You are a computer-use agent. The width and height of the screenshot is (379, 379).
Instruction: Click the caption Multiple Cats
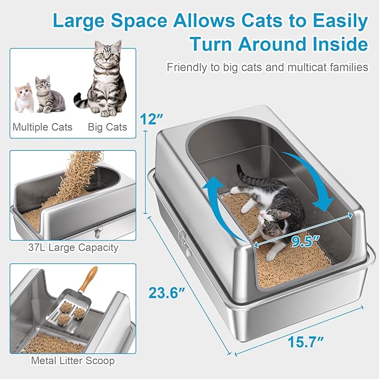pyautogui.click(x=42, y=127)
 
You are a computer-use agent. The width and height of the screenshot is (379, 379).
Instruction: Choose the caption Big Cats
pyautogui.click(x=107, y=127)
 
